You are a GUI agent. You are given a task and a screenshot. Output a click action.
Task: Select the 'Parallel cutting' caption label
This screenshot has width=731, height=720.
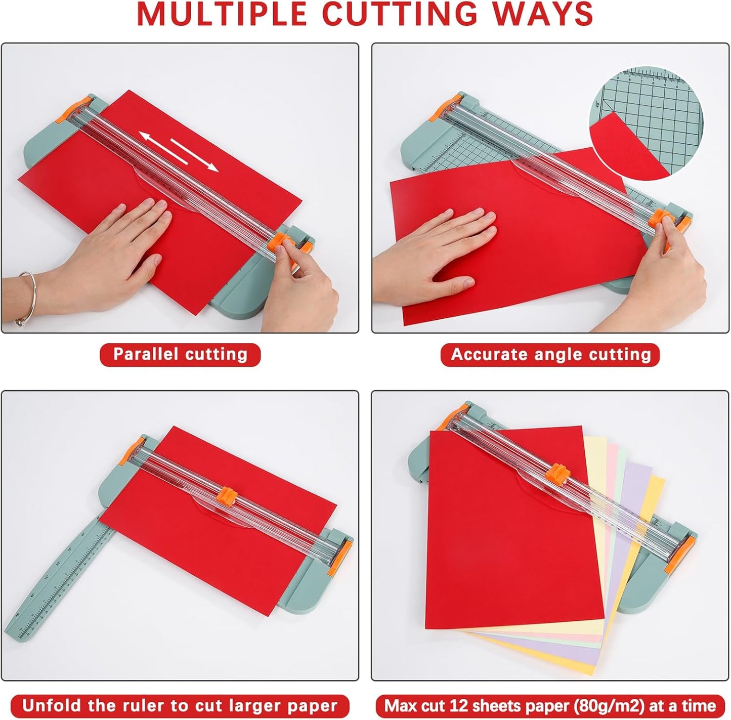point(180,354)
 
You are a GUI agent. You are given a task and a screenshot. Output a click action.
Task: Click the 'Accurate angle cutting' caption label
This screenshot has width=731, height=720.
point(550,354)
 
